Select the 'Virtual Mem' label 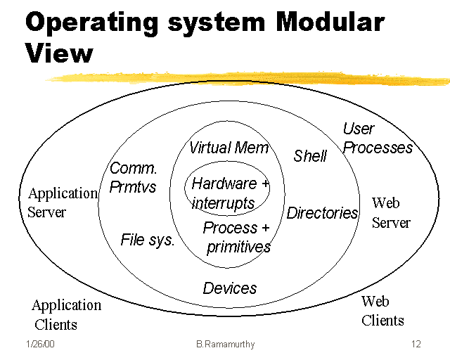229,148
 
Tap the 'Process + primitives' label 237,238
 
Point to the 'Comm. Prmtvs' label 134,178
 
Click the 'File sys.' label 148,240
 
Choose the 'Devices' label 230,288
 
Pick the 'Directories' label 322,213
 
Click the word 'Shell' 310,156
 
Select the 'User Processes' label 377,139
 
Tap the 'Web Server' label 390,212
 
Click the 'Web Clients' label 382,311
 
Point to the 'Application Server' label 62,202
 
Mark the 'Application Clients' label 65,314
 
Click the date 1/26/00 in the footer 41,345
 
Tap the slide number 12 416,345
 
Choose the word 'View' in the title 59,52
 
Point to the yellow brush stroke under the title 246,75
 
